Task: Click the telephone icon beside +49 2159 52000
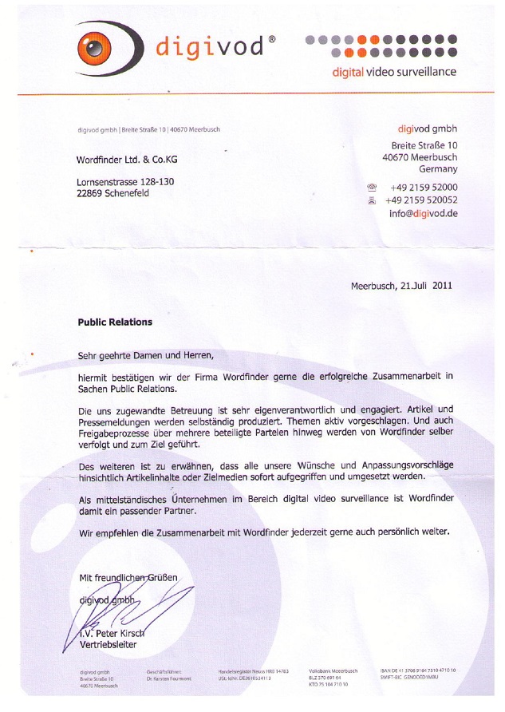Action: [x=371, y=187]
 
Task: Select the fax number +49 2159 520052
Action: [x=421, y=200]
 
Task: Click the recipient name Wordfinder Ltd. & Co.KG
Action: [x=127, y=160]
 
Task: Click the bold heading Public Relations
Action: [x=115, y=323]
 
